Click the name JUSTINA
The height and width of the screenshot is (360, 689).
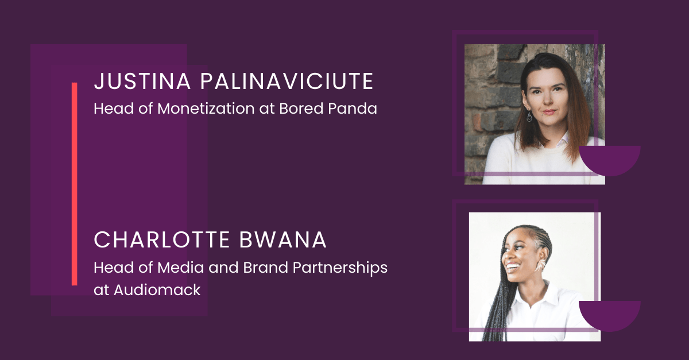click(x=142, y=81)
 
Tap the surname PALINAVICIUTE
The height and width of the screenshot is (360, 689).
click(x=287, y=81)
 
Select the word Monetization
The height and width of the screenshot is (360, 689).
click(x=206, y=109)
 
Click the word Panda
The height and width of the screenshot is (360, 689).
click(x=352, y=109)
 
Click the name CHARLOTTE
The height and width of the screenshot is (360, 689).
click(x=162, y=240)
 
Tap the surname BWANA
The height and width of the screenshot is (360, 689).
click(x=282, y=240)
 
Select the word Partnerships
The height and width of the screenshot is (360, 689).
click(x=340, y=268)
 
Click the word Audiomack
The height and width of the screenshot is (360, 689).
click(x=157, y=290)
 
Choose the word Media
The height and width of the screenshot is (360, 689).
click(x=180, y=268)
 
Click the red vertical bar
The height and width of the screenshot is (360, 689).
click(x=75, y=184)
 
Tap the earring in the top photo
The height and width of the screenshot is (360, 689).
click(x=529, y=117)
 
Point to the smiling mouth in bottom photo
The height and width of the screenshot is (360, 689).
click(x=513, y=266)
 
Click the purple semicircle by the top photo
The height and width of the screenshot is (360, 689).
click(x=610, y=158)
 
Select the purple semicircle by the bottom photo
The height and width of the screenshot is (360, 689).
click(x=610, y=314)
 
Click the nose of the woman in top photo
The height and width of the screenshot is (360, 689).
click(x=547, y=100)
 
